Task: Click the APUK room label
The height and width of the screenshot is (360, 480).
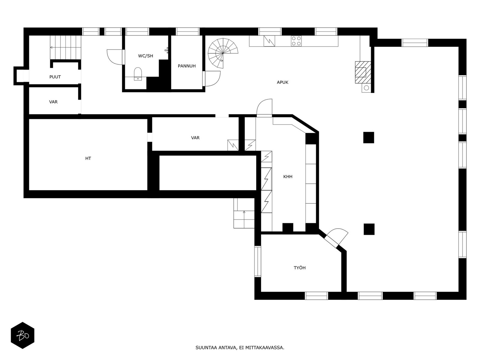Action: pyautogui.click(x=282, y=82)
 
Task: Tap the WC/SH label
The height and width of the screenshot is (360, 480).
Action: pyautogui.click(x=145, y=56)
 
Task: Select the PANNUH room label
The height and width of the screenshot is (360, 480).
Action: pyautogui.click(x=187, y=66)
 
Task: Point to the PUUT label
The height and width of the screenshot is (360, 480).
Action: pyautogui.click(x=55, y=77)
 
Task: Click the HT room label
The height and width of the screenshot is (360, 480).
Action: pyautogui.click(x=88, y=158)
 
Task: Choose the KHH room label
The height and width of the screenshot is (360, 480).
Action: pyautogui.click(x=288, y=177)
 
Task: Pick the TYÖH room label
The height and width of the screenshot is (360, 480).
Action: pyautogui.click(x=300, y=268)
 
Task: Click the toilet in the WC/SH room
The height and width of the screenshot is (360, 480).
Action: pyautogui.click(x=138, y=74)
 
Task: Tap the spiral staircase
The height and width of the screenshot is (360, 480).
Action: pyautogui.click(x=222, y=53)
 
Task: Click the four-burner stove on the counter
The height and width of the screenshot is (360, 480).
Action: pyautogui.click(x=296, y=41)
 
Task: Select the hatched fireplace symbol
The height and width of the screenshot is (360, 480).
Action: pyautogui.click(x=363, y=72)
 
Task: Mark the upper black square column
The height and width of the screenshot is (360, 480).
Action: pyautogui.click(x=368, y=137)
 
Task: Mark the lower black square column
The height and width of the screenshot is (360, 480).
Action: pyautogui.click(x=369, y=229)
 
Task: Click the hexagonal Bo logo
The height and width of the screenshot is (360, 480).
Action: pyautogui.click(x=22, y=335)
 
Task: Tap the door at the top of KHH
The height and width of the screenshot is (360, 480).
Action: pyautogui.click(x=264, y=108)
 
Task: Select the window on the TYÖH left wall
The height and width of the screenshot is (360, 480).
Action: pyautogui.click(x=258, y=261)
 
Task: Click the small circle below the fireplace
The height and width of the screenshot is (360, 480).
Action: pyautogui.click(x=367, y=88)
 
